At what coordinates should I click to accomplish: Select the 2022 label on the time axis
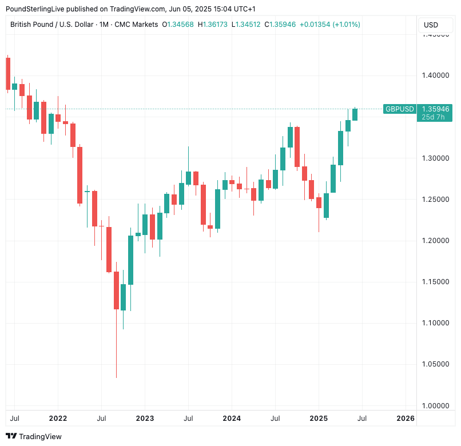click(58, 419)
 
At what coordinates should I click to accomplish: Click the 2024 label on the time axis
click(232, 419)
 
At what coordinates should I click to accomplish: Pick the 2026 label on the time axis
click(406, 419)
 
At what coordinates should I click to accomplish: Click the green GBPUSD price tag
click(399, 109)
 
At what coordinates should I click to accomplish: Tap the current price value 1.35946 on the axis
click(435, 109)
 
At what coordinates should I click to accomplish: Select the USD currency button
click(431, 25)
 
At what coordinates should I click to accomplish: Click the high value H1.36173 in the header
click(212, 25)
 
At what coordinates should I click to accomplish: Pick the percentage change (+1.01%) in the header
click(344, 25)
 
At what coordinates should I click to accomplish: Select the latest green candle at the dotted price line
click(355, 114)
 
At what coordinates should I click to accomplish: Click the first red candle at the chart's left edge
click(8, 74)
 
